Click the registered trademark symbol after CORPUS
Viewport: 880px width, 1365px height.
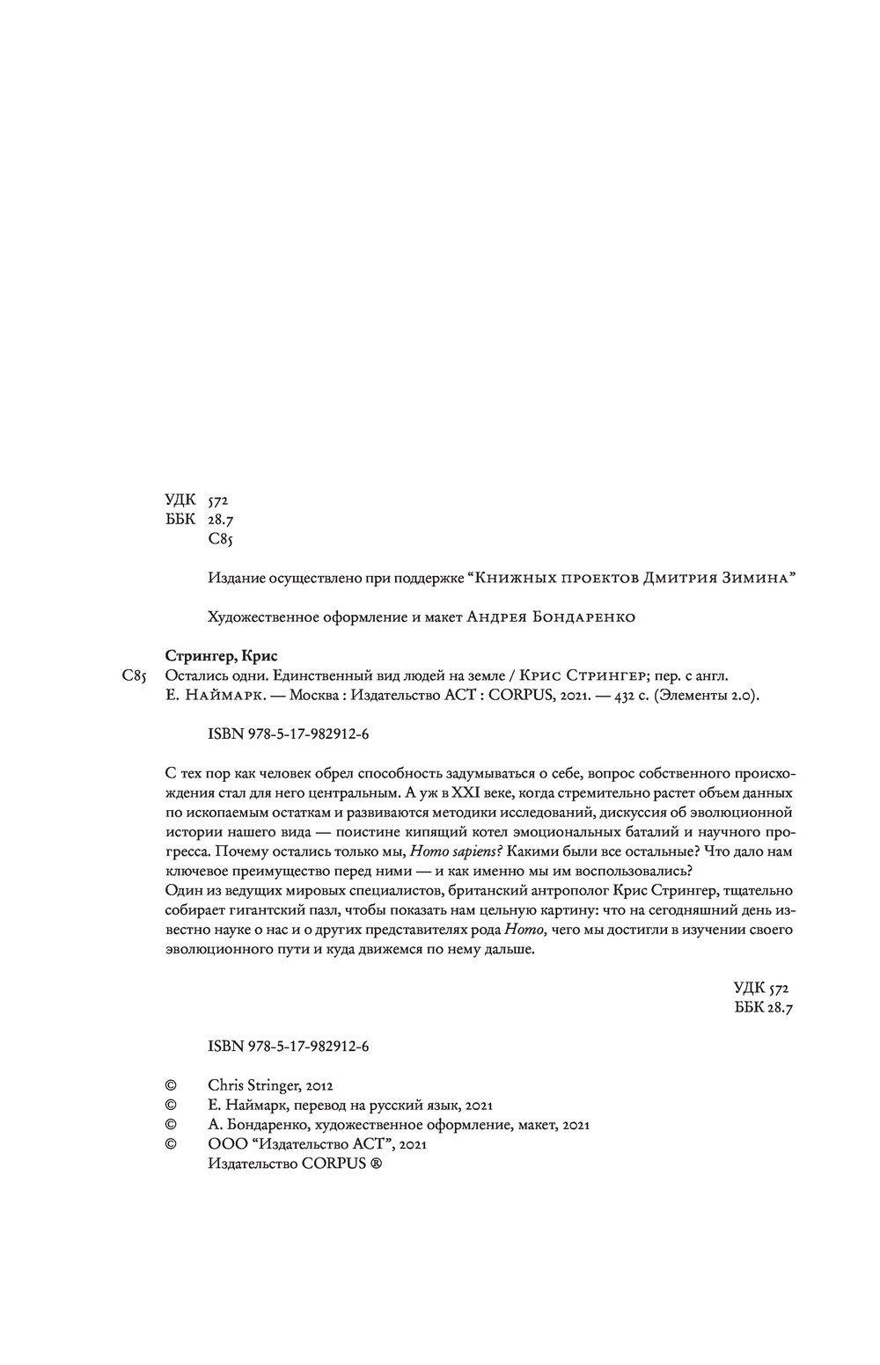pyautogui.click(x=377, y=1164)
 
